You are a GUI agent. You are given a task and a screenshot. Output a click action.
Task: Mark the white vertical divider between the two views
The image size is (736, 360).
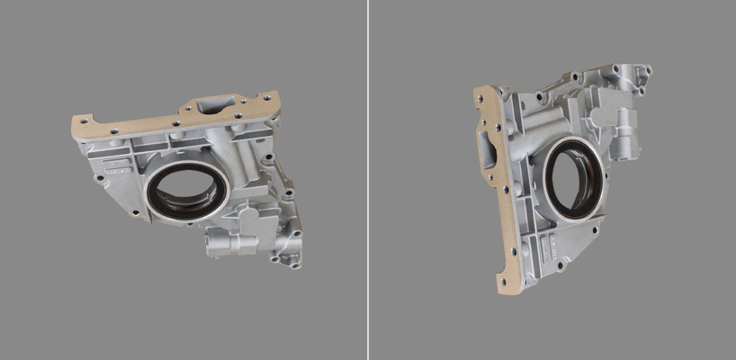point(368,180)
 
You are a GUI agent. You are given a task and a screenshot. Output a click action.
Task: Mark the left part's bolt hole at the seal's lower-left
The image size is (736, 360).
point(135,212)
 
